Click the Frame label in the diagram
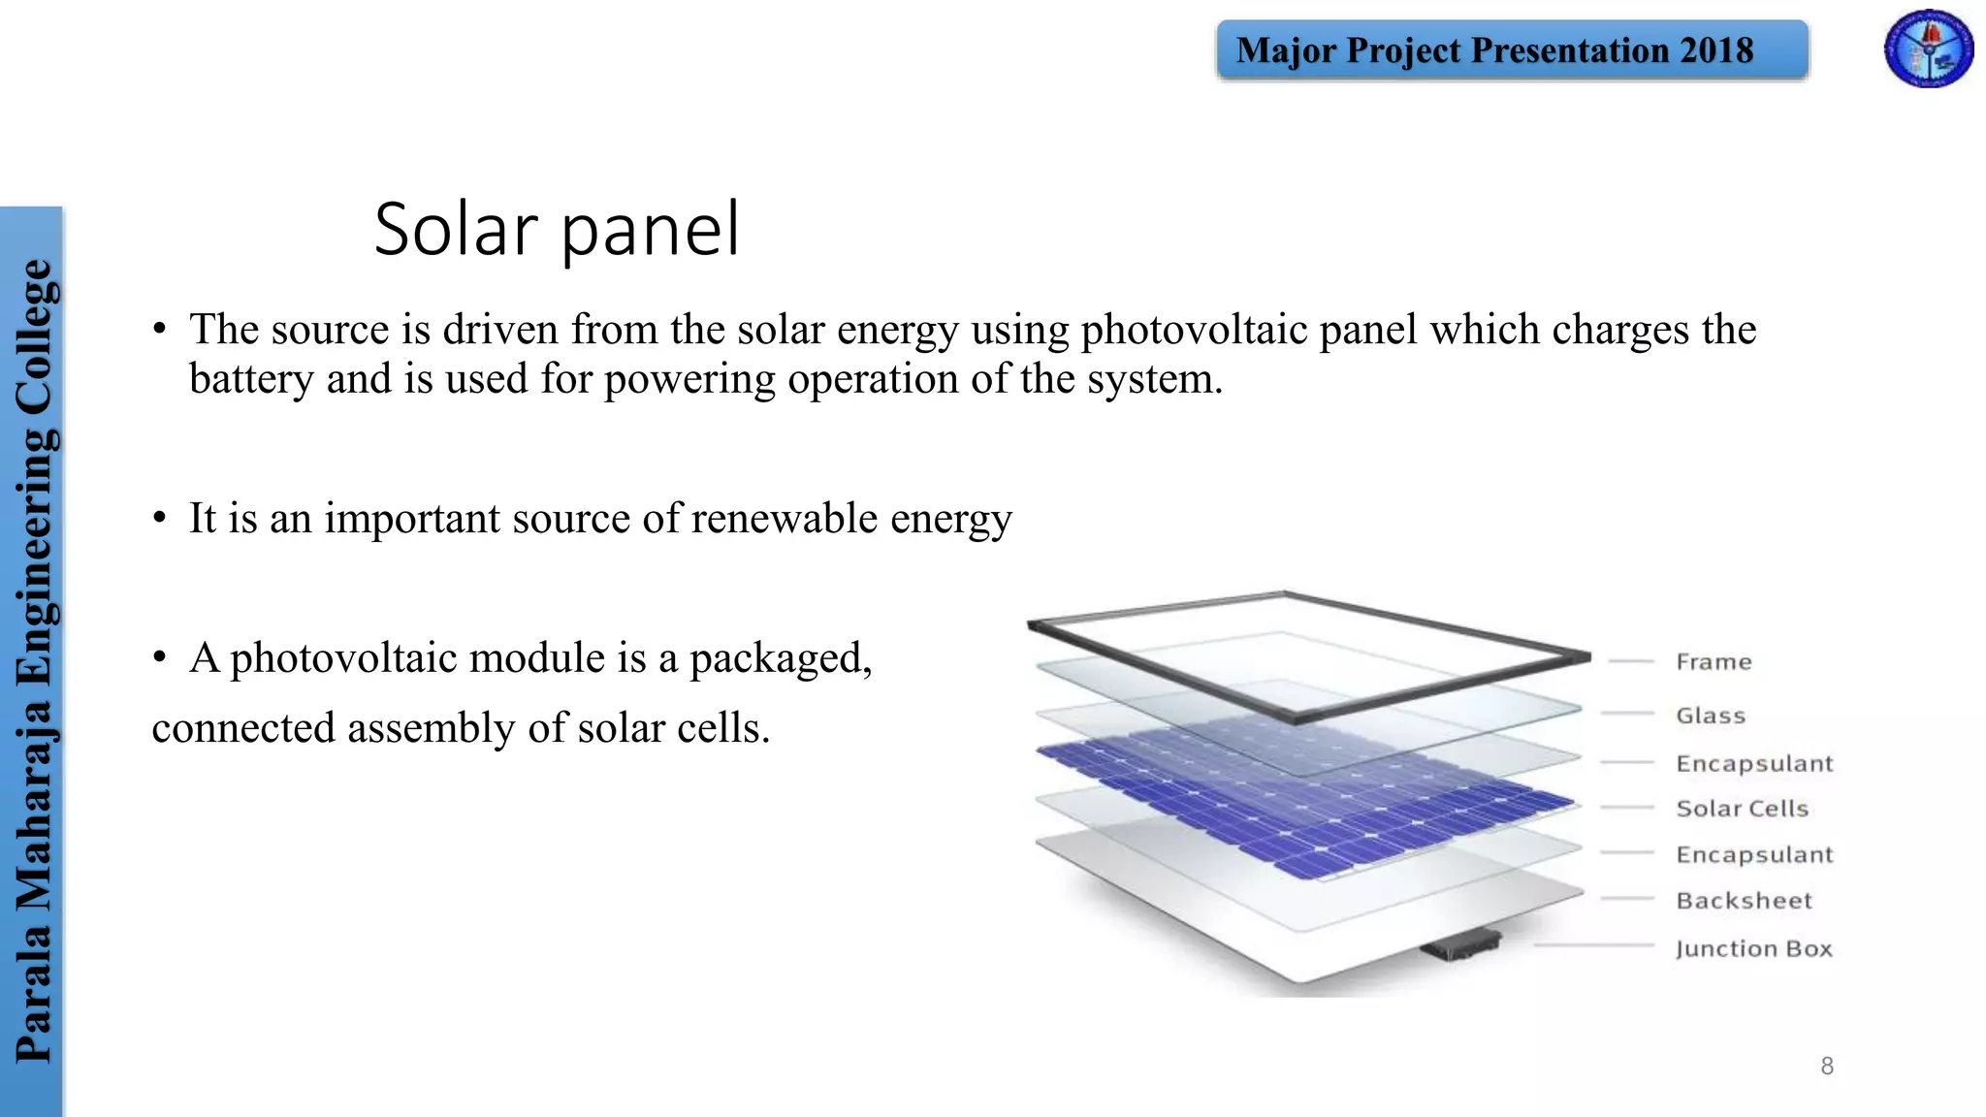click(1714, 662)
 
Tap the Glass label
click(1711, 716)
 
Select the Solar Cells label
click(1742, 809)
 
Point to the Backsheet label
click(1744, 901)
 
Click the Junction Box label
click(1753, 948)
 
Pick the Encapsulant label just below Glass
click(1754, 764)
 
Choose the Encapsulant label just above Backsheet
click(1754, 854)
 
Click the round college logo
click(1928, 48)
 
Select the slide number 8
click(1827, 1067)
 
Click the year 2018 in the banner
click(1716, 50)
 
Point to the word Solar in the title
click(456, 230)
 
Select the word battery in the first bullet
click(251, 379)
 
